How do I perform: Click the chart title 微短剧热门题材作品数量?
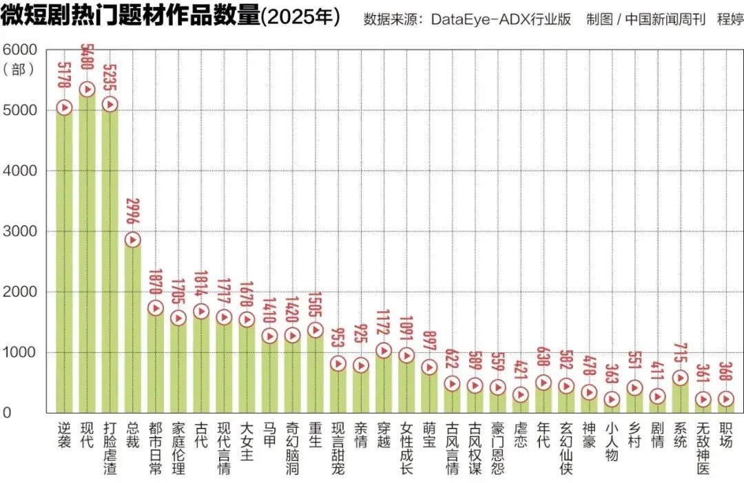(131, 17)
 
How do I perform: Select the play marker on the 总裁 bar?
(132, 239)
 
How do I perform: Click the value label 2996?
(133, 213)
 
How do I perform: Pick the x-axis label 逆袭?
(64, 435)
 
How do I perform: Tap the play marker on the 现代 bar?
(87, 89)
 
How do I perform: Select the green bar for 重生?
(315, 372)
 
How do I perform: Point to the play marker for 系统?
(680, 378)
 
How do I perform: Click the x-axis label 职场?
(725, 435)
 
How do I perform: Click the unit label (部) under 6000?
(19, 69)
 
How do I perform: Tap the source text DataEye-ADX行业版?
(502, 19)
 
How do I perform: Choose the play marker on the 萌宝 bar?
(429, 367)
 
